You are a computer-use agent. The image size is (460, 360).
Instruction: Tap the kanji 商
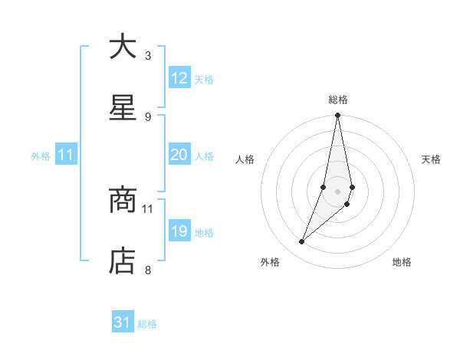click(123, 201)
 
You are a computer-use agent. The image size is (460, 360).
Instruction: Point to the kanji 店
click(123, 262)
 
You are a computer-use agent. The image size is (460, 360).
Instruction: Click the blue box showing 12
click(179, 78)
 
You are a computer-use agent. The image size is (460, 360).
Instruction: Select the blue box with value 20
click(179, 155)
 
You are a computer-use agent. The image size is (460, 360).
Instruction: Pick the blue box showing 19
click(179, 231)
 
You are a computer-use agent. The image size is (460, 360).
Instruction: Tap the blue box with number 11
click(66, 155)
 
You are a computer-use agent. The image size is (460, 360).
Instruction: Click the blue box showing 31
click(123, 322)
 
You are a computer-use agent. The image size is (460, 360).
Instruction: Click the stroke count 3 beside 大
click(148, 55)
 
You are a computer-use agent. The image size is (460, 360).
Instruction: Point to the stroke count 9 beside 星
click(148, 116)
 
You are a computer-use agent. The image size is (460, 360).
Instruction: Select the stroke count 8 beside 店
click(148, 270)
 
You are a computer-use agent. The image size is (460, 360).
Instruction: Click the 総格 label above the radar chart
click(338, 100)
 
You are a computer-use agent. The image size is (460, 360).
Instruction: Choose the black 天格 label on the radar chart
click(432, 159)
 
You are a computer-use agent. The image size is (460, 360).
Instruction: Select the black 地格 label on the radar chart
click(402, 263)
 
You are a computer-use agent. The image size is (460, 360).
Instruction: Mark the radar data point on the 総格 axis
click(337, 116)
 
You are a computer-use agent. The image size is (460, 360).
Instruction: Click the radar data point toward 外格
click(301, 242)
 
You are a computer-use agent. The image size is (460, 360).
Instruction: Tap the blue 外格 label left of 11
click(41, 155)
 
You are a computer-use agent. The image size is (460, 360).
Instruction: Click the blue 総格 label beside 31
click(147, 324)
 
